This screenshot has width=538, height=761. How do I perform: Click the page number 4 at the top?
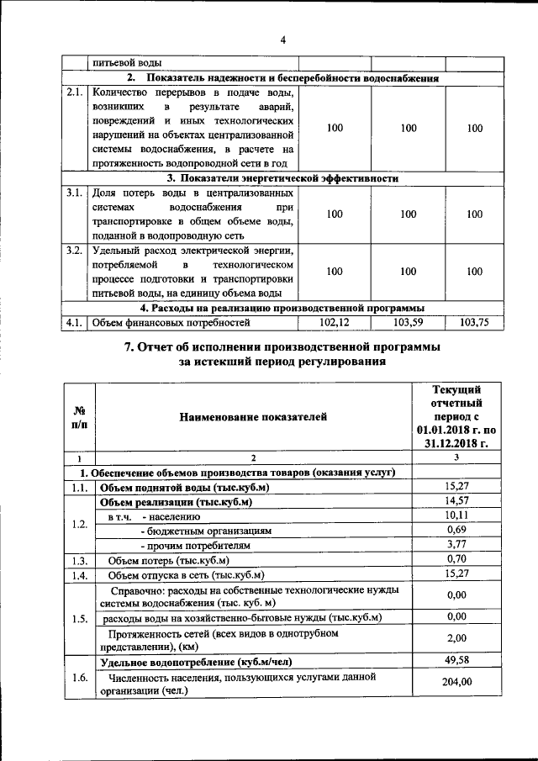coord(282,40)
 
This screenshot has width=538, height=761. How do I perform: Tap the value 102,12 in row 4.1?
coord(335,321)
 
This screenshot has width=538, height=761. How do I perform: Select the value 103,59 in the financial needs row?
coord(409,321)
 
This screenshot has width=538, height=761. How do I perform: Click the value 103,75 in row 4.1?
coord(475,321)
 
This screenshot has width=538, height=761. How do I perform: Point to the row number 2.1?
coord(74,92)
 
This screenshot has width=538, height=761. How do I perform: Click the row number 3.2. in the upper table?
coord(74,251)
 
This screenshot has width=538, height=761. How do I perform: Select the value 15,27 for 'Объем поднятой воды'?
coord(456,487)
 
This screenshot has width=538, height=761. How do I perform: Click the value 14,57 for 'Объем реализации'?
coord(456,502)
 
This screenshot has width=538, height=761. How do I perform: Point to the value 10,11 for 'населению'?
coord(456,516)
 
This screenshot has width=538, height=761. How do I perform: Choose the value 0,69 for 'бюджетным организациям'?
coord(456,531)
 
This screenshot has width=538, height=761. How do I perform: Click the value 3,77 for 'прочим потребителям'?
coord(456,545)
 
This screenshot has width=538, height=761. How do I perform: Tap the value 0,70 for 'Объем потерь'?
coord(456,560)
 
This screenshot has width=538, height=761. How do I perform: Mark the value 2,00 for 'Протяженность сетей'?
coord(456,638)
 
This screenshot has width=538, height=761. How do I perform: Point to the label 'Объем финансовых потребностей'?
coord(171,322)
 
